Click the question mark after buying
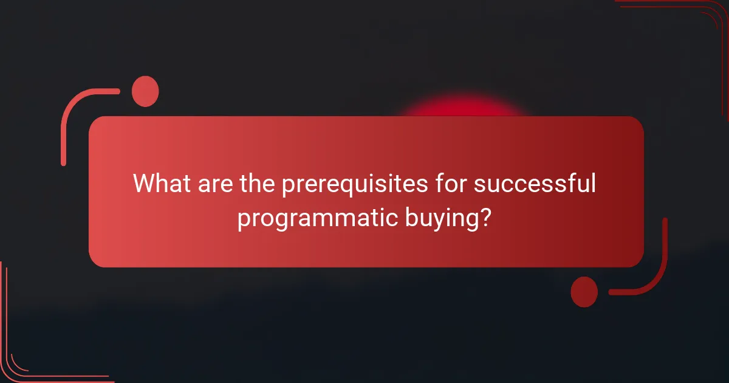[x=484, y=218]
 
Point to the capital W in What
[x=145, y=184]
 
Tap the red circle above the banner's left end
[x=145, y=91]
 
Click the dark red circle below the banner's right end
[x=584, y=292]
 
